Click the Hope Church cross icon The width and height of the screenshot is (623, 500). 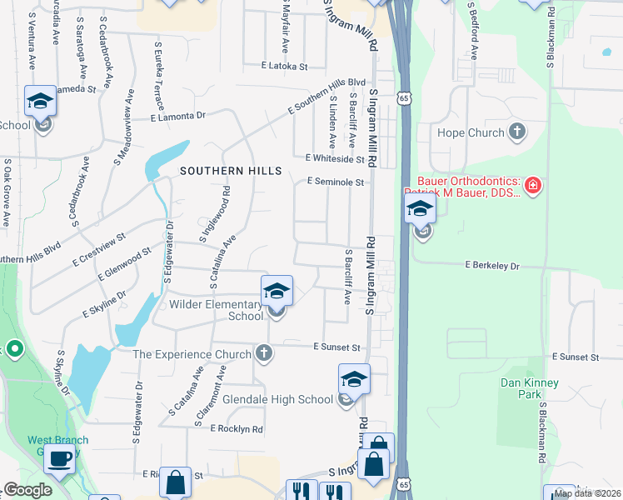click(517, 132)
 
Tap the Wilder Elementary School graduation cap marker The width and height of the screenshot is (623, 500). click(277, 291)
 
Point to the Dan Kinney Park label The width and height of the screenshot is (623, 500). click(529, 387)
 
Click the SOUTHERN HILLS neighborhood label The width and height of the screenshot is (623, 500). click(232, 170)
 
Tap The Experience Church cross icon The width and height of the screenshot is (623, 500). click(264, 353)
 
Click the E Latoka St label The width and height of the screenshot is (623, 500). click(284, 65)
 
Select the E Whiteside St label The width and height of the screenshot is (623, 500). click(335, 157)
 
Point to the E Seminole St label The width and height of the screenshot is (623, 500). click(336, 182)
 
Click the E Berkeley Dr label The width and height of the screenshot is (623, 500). click(491, 266)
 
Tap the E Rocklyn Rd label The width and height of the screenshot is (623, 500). click(237, 428)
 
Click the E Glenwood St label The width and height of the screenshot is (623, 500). click(124, 262)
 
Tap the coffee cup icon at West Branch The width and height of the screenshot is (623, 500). click(60, 459)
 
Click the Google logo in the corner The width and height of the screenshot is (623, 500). click(27, 490)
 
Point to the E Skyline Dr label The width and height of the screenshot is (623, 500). click(104, 305)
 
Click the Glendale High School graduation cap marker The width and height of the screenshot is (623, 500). click(354, 379)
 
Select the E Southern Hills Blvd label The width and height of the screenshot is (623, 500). click(326, 95)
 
